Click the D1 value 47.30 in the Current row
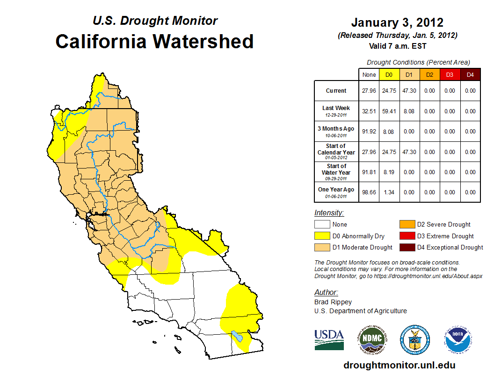(x=409, y=91)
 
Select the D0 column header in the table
(x=389, y=74)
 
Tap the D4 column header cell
(x=470, y=74)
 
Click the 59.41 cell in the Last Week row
(x=389, y=111)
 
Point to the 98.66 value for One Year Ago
(x=369, y=192)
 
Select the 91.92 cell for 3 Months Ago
(x=369, y=132)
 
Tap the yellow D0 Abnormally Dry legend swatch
(x=322, y=236)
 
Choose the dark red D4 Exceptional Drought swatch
(x=407, y=247)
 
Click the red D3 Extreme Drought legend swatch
(x=407, y=236)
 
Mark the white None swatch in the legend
(x=322, y=225)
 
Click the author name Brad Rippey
(x=333, y=302)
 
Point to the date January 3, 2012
(x=397, y=22)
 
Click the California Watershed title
(x=154, y=41)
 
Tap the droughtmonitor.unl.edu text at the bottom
(x=399, y=365)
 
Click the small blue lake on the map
(x=238, y=337)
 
